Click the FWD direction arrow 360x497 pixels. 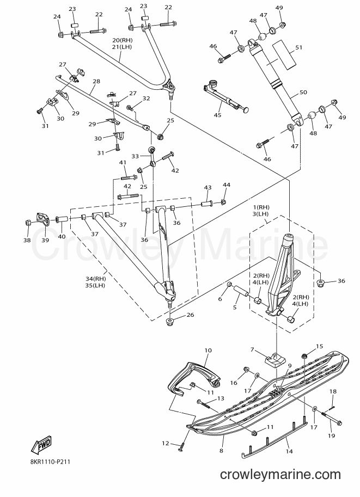click(41, 444)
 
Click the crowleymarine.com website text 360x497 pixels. click(280, 475)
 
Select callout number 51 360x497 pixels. click(298, 47)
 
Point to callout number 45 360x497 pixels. click(217, 115)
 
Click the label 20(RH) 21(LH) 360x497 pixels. click(122, 44)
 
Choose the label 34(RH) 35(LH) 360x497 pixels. click(95, 282)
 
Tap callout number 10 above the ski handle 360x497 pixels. click(208, 350)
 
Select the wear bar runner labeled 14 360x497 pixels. click(274, 439)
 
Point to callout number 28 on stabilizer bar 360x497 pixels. click(96, 81)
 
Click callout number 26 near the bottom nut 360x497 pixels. click(190, 315)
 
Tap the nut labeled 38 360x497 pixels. click(27, 223)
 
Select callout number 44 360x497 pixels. click(227, 185)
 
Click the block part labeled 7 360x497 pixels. click(274, 361)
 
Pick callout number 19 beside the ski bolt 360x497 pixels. click(331, 436)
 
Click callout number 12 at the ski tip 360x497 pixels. click(165, 444)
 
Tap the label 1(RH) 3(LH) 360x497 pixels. click(261, 211)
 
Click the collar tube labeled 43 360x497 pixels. click(207, 202)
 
